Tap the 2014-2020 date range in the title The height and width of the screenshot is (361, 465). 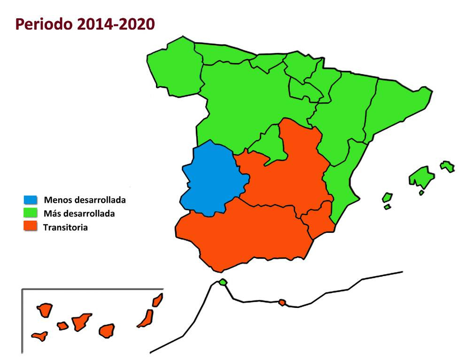[115, 24]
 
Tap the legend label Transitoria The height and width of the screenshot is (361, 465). [65, 228]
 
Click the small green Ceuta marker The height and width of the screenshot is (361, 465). [223, 282]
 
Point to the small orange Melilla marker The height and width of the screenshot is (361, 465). [282, 302]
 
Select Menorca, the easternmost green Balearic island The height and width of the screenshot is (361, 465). [447, 166]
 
